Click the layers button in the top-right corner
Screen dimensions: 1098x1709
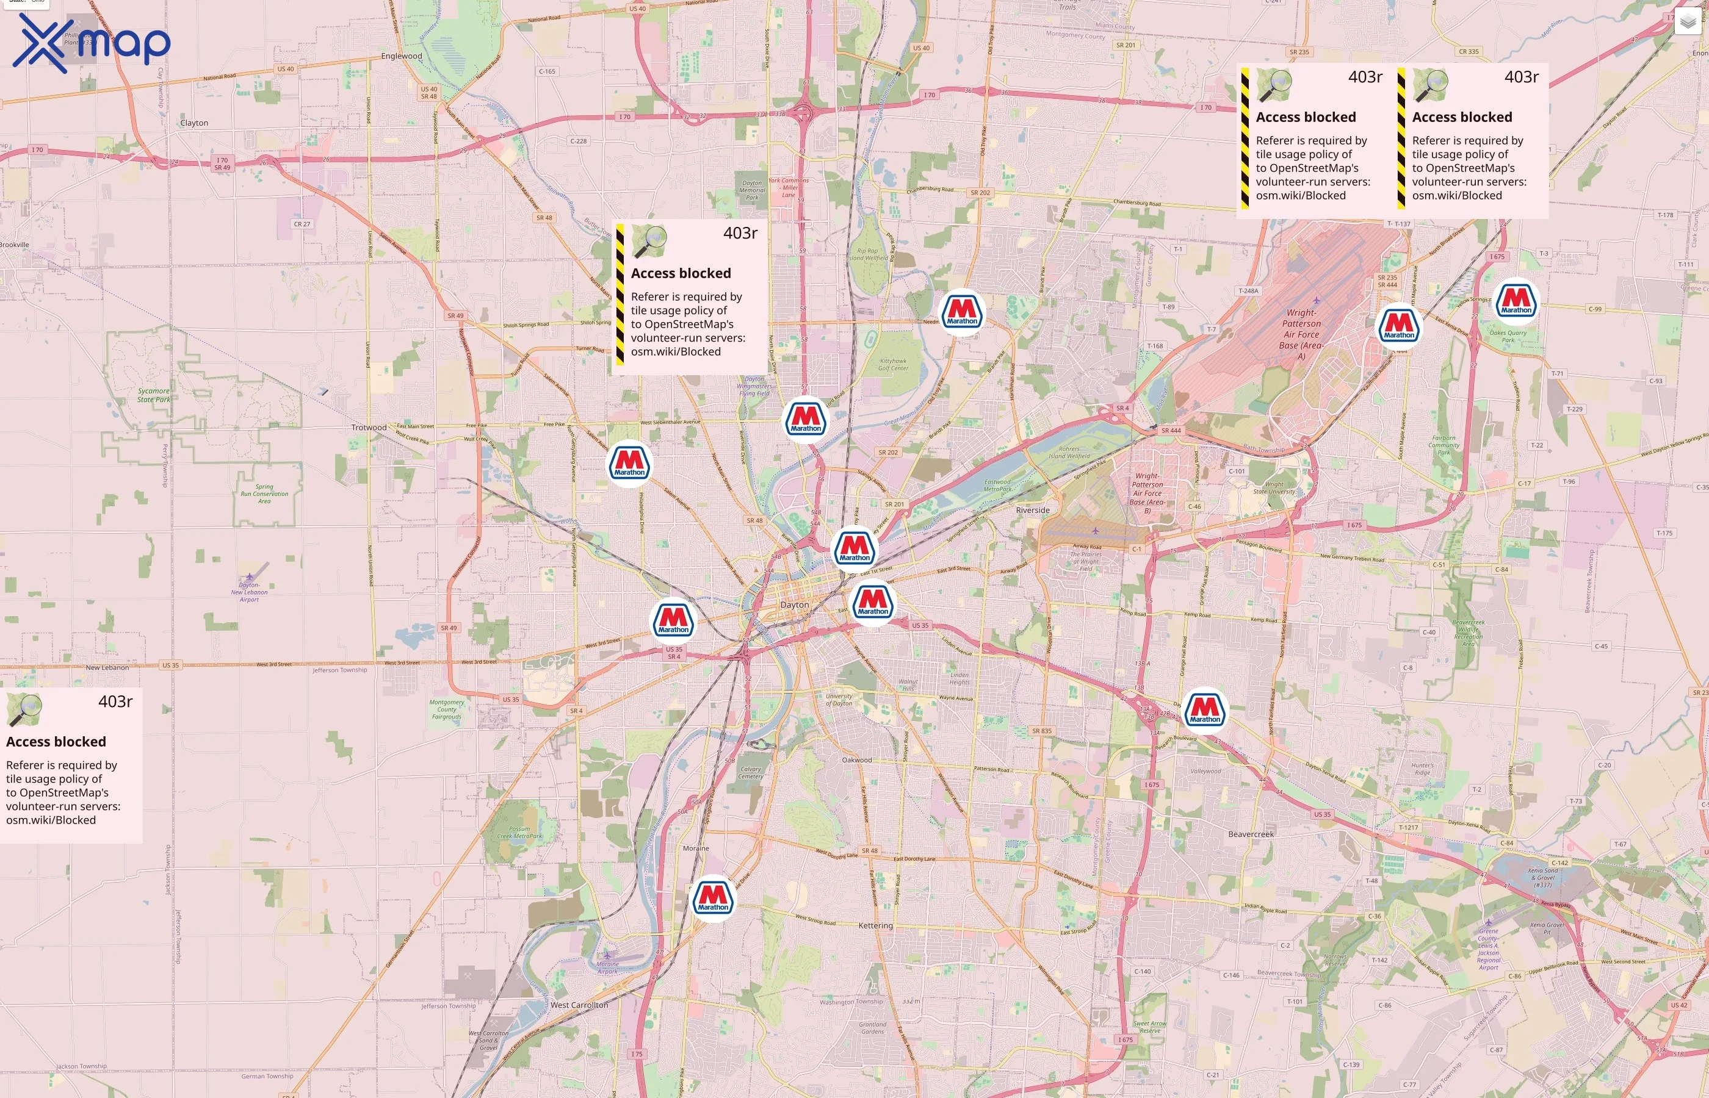point(1688,21)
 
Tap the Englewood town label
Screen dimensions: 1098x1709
point(402,56)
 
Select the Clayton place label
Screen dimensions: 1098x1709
point(194,123)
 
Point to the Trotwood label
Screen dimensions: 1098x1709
point(369,428)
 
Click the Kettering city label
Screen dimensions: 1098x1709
point(875,925)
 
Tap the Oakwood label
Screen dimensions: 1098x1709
point(857,760)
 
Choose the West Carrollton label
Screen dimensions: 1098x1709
point(579,1005)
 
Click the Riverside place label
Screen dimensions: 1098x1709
point(1032,511)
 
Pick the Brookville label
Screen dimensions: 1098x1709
point(14,245)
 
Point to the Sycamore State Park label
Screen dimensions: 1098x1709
point(154,395)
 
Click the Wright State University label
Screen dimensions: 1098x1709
point(1273,487)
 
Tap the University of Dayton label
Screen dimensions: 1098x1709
point(839,700)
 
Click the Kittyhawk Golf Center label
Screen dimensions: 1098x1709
point(893,364)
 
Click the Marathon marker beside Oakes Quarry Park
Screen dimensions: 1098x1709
point(1516,301)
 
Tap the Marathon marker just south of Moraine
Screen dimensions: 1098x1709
point(712,899)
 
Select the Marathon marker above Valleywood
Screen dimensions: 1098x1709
point(1205,710)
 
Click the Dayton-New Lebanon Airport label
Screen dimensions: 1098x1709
point(249,592)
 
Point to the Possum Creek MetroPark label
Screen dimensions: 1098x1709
point(519,833)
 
